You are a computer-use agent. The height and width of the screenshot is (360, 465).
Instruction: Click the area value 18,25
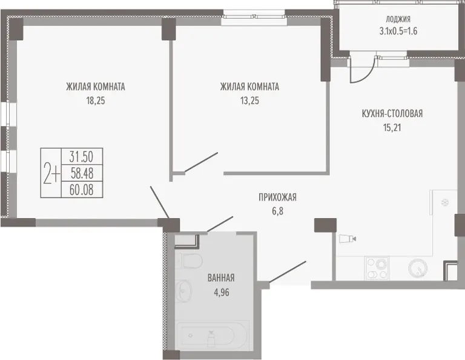pos(96,101)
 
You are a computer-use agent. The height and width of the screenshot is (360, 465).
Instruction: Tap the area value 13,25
pos(249,101)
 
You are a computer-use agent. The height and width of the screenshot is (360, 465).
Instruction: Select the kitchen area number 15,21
pos(392,128)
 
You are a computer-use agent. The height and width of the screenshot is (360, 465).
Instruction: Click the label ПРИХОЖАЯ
pos(277,197)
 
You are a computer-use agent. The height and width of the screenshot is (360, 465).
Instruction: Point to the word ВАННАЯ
pos(221,278)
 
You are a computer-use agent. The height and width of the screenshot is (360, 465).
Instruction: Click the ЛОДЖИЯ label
pos(398,19)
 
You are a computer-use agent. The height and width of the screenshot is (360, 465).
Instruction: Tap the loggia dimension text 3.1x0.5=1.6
pos(398,31)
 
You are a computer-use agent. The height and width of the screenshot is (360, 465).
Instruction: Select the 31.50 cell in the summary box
pos(82,156)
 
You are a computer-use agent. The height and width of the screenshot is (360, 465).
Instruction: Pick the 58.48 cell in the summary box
pos(82,173)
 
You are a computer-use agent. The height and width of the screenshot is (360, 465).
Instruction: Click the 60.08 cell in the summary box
pos(82,190)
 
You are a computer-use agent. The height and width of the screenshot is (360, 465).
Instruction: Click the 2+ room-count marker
pos(51,173)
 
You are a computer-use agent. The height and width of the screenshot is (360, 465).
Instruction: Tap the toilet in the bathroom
pos(189,261)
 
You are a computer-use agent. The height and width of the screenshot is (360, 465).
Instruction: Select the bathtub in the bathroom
pos(211,335)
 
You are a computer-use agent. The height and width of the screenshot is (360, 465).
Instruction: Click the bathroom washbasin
pos(183,291)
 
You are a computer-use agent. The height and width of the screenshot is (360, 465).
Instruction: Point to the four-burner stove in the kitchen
pos(377,268)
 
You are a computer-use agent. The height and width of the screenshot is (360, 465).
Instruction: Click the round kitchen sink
pos(418,268)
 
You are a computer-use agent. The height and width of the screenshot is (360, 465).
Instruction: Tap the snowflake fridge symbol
pos(445,202)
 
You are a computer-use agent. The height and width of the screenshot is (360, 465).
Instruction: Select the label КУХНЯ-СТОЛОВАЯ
pos(392,114)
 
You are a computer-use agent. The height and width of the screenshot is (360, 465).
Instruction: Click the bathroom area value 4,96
pos(221,293)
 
